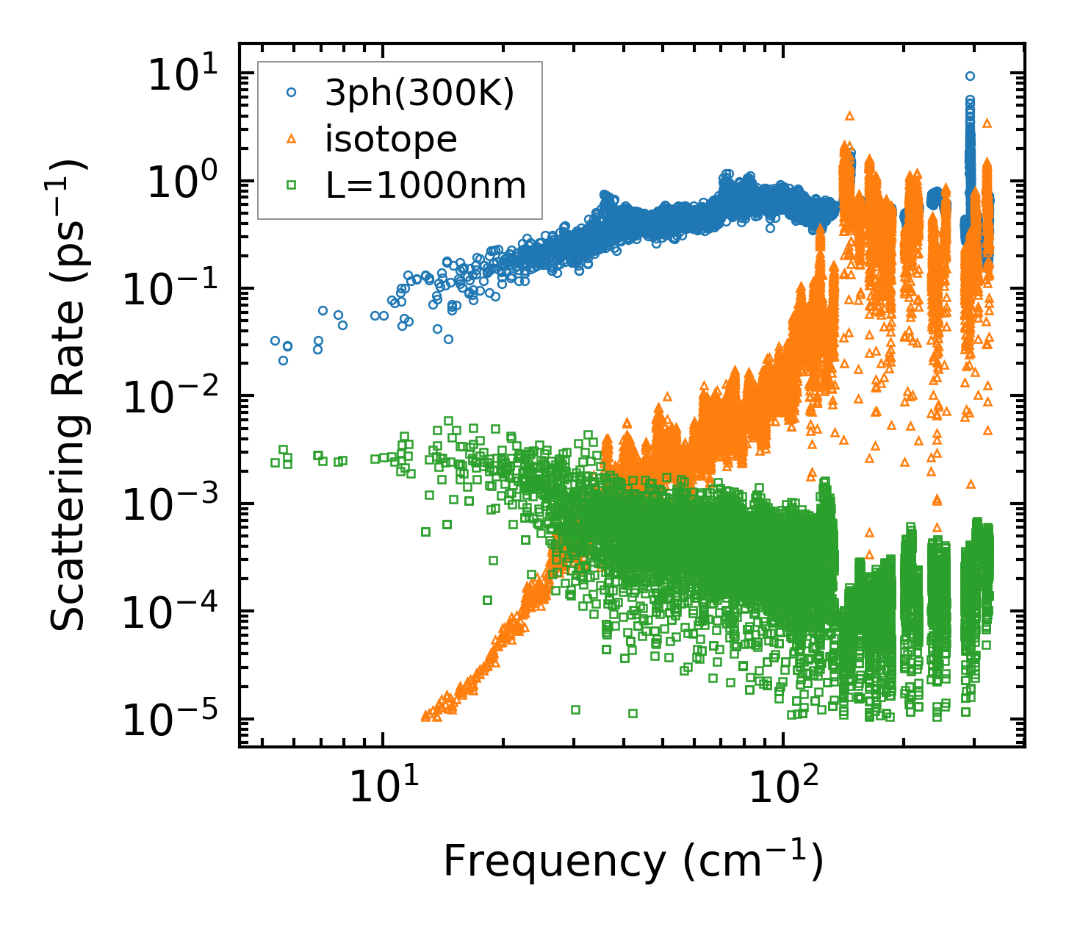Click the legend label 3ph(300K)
click(420, 93)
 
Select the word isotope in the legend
click(391, 139)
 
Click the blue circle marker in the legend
click(292, 93)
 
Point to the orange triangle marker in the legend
click(292, 138)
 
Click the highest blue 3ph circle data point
click(970, 76)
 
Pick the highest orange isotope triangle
click(850, 115)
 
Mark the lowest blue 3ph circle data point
click(284, 360)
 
